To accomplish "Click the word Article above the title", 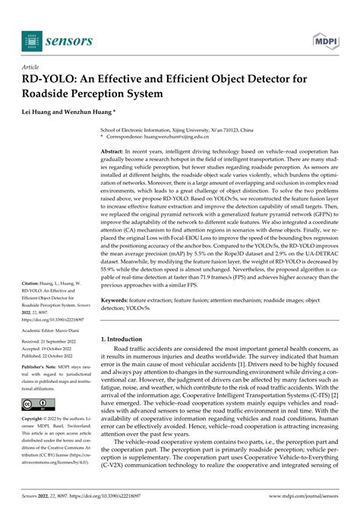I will click(36, 67).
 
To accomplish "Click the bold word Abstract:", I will click(116, 153).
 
